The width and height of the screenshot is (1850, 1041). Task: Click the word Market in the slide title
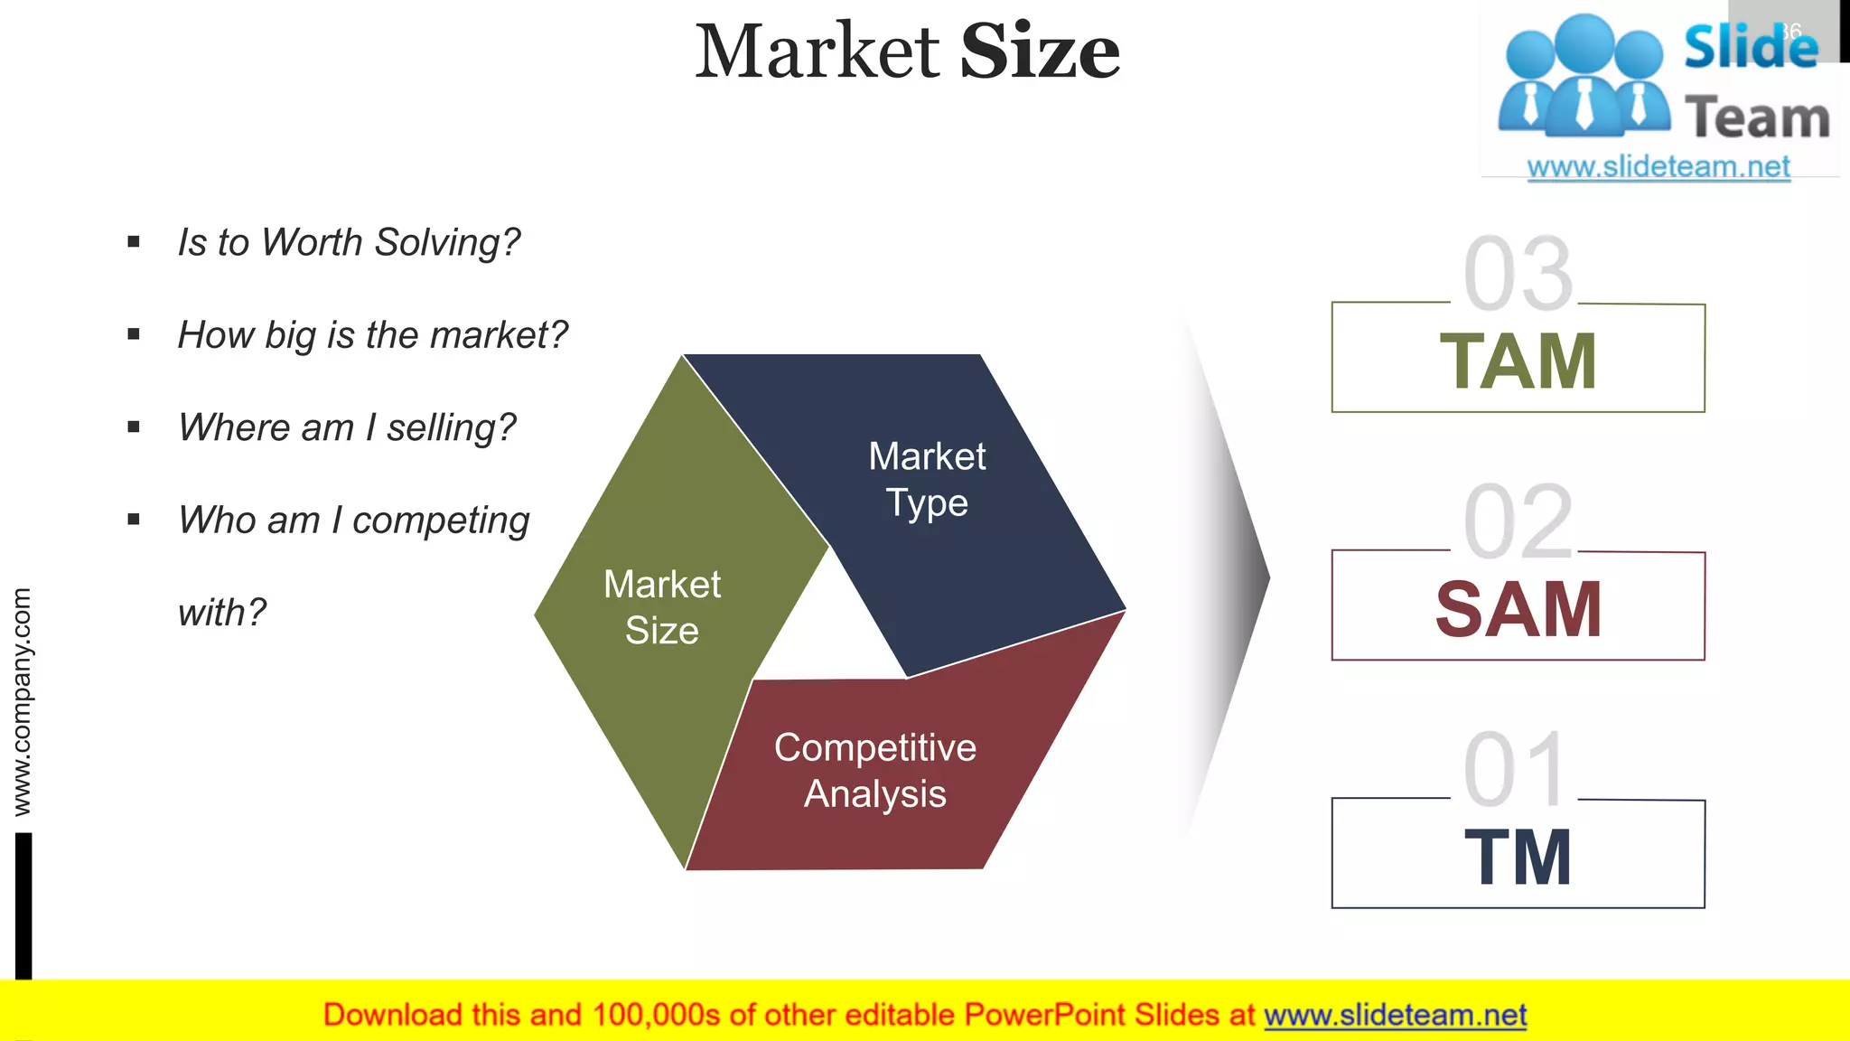818,52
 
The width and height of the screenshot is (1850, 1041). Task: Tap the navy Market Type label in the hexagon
927,479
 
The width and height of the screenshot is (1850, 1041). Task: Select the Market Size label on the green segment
662,607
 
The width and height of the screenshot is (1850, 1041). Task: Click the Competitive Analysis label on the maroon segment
874,771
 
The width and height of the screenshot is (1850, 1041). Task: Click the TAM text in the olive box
1518,361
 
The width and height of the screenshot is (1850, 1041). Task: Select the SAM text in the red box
1518,609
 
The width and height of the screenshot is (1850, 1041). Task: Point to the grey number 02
1518,521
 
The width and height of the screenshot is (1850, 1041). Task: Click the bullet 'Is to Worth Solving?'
349,242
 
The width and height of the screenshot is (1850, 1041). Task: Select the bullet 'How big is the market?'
372,335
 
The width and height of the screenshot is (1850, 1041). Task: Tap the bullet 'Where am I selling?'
347,427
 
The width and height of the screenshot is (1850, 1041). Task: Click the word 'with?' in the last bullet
222,613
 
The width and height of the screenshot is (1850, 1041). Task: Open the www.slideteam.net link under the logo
1658,166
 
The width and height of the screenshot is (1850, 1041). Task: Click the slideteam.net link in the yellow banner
1395,1015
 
